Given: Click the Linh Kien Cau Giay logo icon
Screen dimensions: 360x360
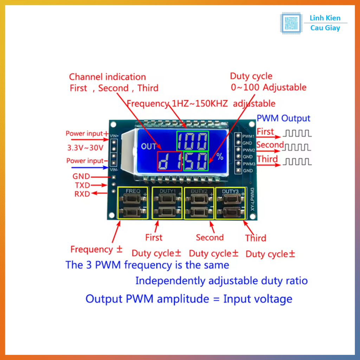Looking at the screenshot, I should (x=291, y=23).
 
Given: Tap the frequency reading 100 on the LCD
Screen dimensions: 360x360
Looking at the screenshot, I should (x=192, y=141).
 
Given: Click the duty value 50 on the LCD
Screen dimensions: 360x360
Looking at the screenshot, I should (x=196, y=161).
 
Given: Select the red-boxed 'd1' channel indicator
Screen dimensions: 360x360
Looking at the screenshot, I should (x=170, y=161).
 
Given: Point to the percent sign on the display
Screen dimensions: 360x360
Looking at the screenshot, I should (x=220, y=157).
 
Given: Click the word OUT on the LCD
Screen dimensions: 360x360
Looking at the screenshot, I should (x=149, y=147).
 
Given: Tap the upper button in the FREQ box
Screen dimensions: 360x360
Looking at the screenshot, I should (x=133, y=199).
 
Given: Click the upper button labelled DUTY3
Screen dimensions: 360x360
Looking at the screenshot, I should (x=230, y=199).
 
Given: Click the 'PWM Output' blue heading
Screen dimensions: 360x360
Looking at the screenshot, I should (x=283, y=118).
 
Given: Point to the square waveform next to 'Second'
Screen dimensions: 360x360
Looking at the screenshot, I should (x=297, y=147).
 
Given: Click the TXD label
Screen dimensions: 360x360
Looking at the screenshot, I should (x=82, y=185).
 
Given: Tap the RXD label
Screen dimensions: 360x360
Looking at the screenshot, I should (x=82, y=194).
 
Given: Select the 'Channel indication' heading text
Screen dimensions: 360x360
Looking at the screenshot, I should (x=107, y=77).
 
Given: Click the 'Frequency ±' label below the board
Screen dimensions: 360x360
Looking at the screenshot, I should (x=96, y=250).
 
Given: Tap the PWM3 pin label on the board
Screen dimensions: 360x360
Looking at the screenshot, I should (x=249, y=164).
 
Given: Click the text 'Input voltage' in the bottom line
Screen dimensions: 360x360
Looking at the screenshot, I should (x=258, y=299).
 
